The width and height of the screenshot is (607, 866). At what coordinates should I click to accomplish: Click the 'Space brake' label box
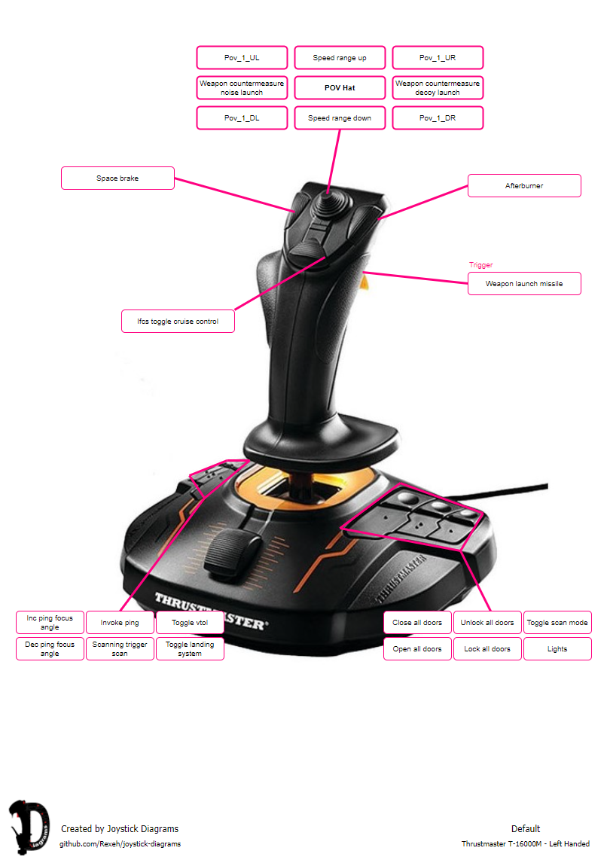pos(117,178)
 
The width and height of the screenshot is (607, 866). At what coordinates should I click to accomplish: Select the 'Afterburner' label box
pos(524,186)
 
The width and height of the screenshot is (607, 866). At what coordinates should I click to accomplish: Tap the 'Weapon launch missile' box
pos(524,284)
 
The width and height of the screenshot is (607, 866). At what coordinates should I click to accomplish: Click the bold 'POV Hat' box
pos(340,88)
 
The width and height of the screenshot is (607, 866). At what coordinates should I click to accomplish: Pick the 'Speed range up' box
pos(340,58)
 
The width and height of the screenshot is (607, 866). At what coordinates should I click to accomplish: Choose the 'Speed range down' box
pos(340,118)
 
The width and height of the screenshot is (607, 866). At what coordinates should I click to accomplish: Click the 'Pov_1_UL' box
pos(242,58)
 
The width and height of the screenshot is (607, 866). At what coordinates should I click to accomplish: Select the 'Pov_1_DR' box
pos(438,118)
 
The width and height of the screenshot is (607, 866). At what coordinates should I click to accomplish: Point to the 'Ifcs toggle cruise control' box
pos(178,322)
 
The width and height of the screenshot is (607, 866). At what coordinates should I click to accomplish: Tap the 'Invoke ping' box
pos(120,623)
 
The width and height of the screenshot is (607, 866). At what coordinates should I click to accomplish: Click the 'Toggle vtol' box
pos(190,623)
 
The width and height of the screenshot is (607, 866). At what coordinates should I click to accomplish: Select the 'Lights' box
pos(557,649)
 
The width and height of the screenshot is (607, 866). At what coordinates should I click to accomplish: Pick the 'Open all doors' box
pos(417,649)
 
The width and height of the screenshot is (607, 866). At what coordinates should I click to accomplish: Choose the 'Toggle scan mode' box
pos(557,623)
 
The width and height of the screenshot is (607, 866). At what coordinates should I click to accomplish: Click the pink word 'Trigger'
pos(481,265)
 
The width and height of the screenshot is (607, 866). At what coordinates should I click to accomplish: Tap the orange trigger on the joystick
pos(365,282)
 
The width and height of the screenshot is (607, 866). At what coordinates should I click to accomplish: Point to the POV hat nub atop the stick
pos(329,201)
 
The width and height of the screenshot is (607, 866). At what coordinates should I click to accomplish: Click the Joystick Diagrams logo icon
pos(29,829)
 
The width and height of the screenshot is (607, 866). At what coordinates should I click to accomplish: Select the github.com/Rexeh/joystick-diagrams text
pos(120,844)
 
